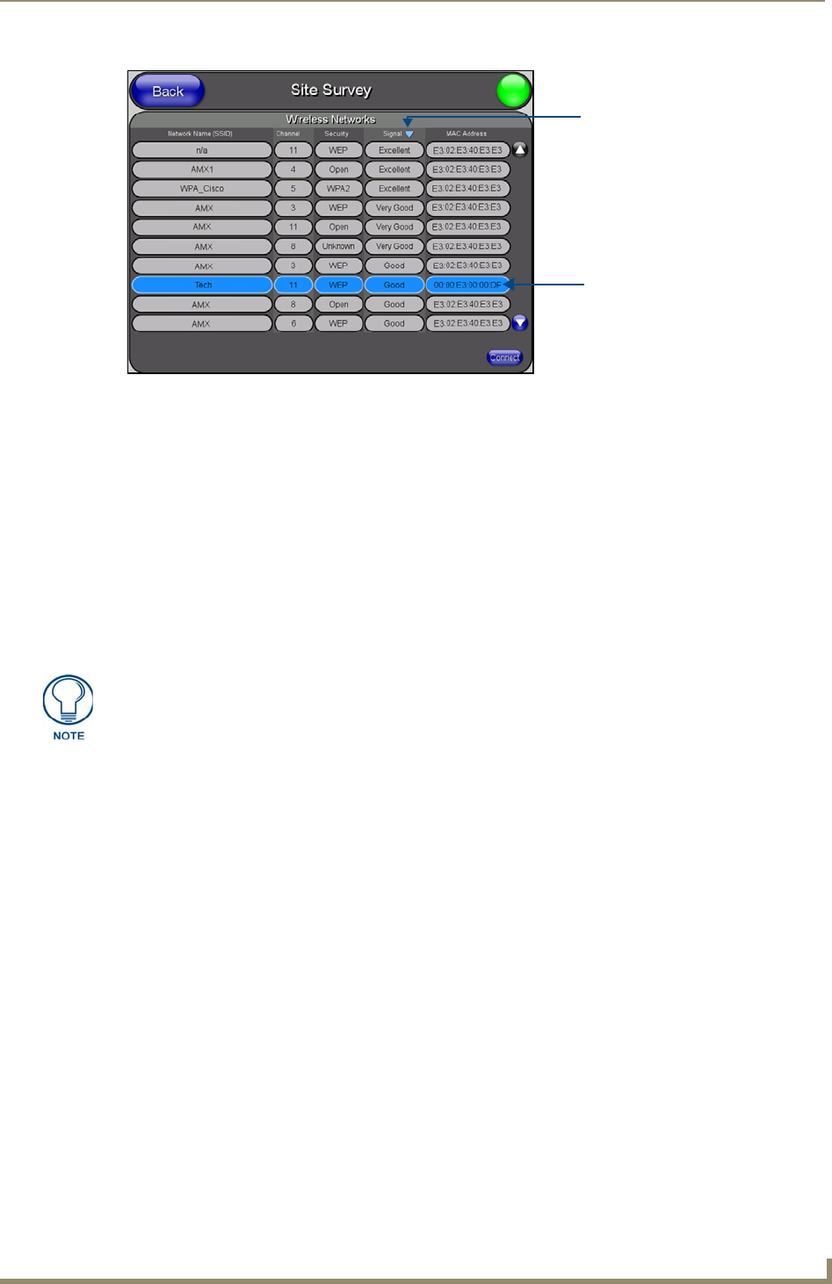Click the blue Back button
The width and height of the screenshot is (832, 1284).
pos(167,91)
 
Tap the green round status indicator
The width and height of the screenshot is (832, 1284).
pos(514,91)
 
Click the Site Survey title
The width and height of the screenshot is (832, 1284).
pos(331,90)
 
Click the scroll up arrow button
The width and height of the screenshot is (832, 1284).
pos(520,150)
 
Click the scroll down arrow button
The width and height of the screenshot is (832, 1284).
pos(520,323)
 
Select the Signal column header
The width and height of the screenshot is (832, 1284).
pos(394,134)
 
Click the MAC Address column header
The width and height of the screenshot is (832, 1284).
pos(467,134)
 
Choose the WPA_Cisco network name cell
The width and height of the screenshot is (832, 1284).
pos(202,189)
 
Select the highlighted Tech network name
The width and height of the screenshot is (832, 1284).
pos(202,285)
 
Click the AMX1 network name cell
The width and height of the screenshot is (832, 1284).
pos(202,170)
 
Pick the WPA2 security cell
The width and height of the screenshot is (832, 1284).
pos(338,189)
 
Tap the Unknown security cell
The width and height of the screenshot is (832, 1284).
pos(338,247)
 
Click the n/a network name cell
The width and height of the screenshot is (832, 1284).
pos(202,150)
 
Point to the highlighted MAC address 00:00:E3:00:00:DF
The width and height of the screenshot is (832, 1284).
pos(467,285)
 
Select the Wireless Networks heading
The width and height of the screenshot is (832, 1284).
pos(330,119)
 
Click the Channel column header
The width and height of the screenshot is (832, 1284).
pos(287,134)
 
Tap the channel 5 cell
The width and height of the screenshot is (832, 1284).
pos(293,189)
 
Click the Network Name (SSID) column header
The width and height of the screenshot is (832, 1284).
pos(200,134)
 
